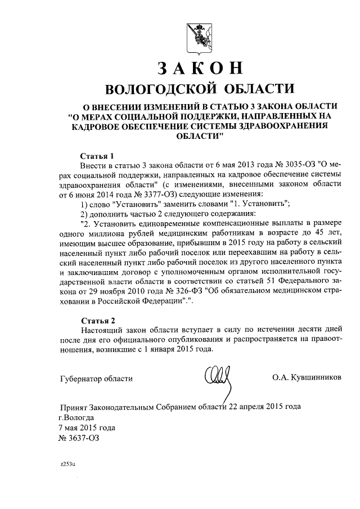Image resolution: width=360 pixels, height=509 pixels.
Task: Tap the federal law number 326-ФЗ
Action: pos(187,292)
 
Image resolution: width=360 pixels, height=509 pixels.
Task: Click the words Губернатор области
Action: pos(96,379)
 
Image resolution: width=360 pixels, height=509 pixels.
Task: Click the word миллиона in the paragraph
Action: pos(101,233)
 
